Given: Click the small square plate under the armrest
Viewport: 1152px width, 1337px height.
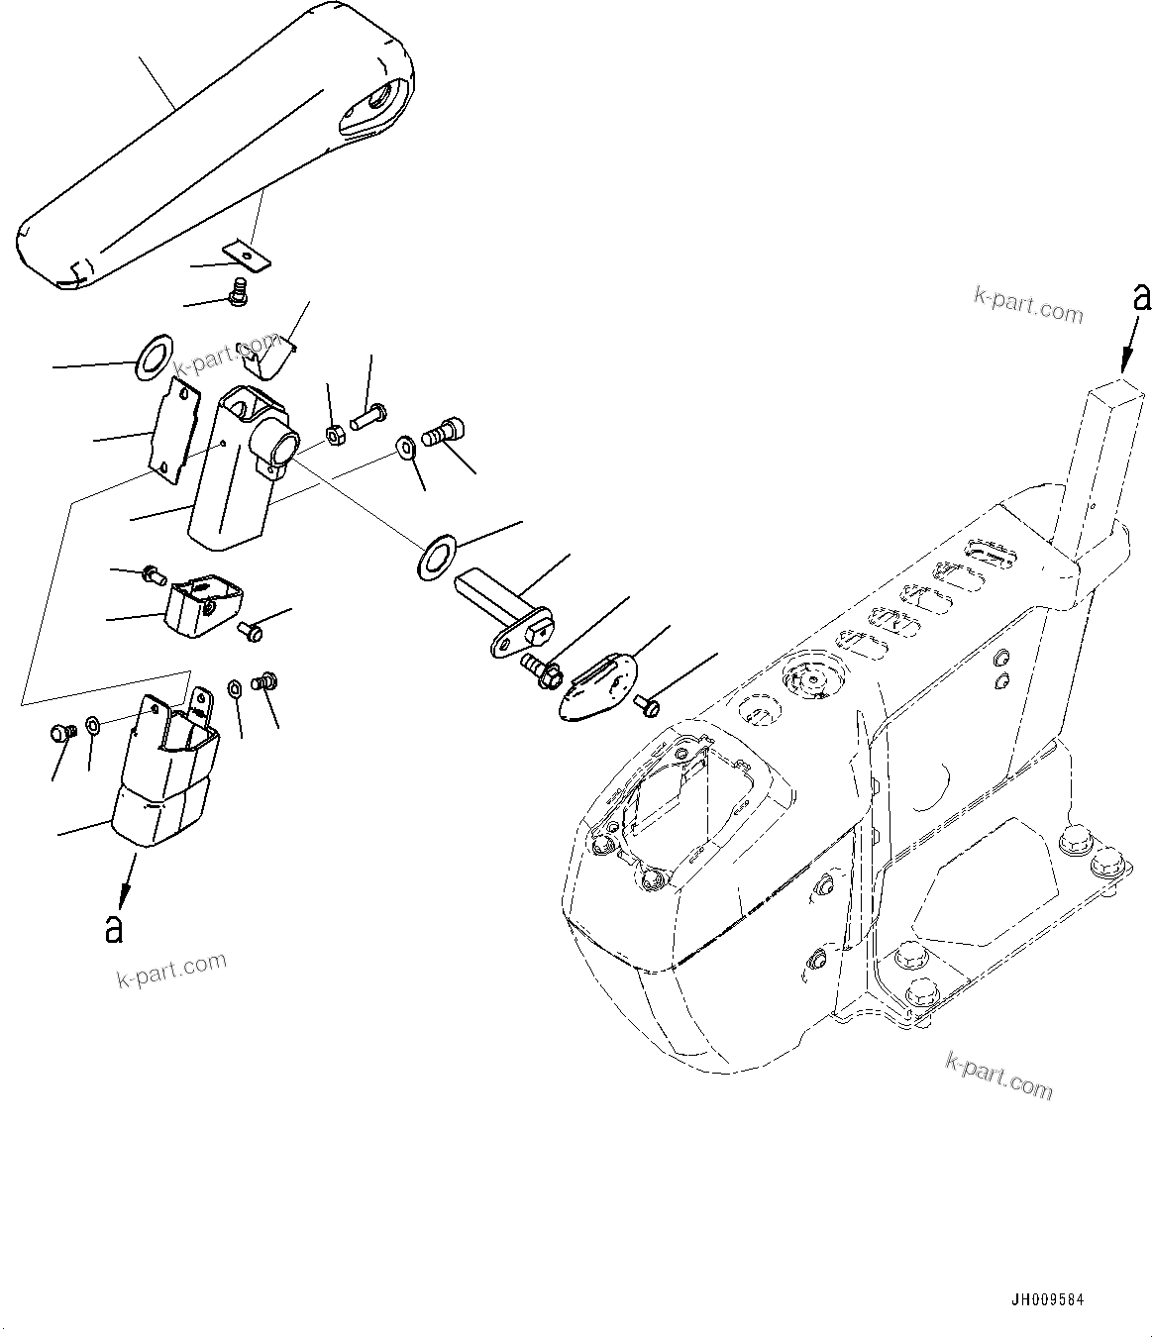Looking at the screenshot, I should [248, 256].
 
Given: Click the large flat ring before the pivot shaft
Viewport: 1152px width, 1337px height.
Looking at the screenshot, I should [437, 557].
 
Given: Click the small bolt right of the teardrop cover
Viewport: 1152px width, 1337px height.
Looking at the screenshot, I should [648, 704].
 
